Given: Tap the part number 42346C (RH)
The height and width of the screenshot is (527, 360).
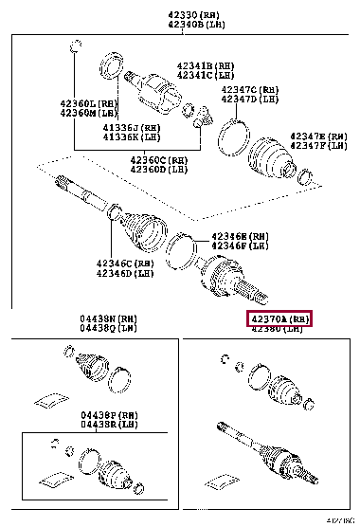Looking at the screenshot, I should tap(124, 263).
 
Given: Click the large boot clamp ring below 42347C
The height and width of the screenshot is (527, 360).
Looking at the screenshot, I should tap(229, 135).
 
